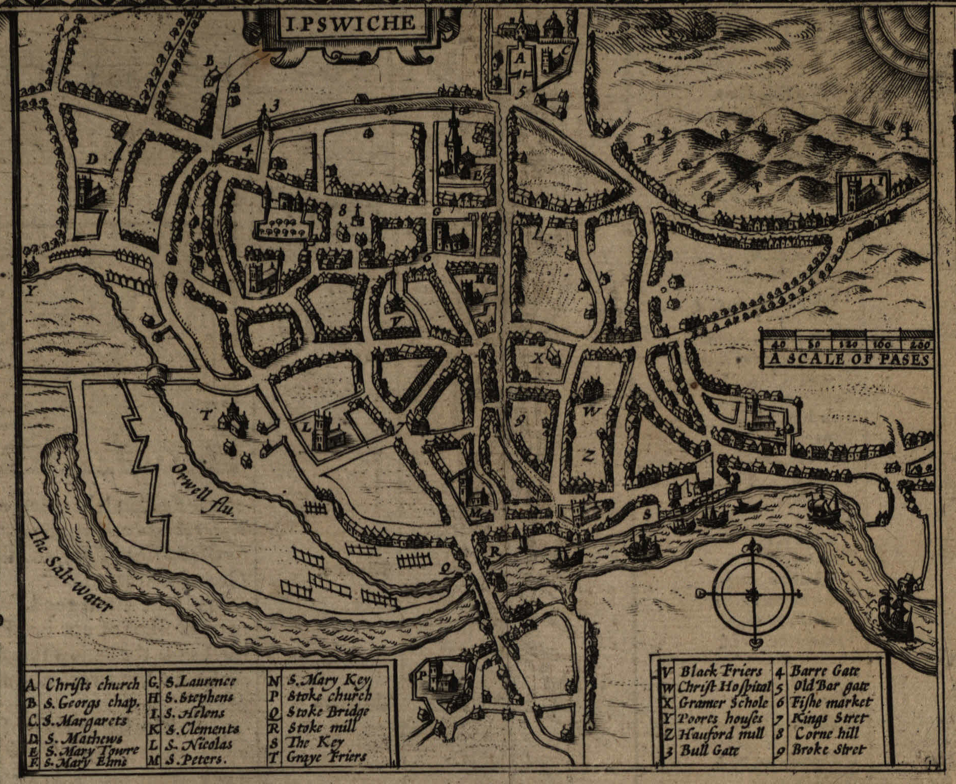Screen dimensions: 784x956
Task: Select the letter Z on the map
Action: coord(589,455)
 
